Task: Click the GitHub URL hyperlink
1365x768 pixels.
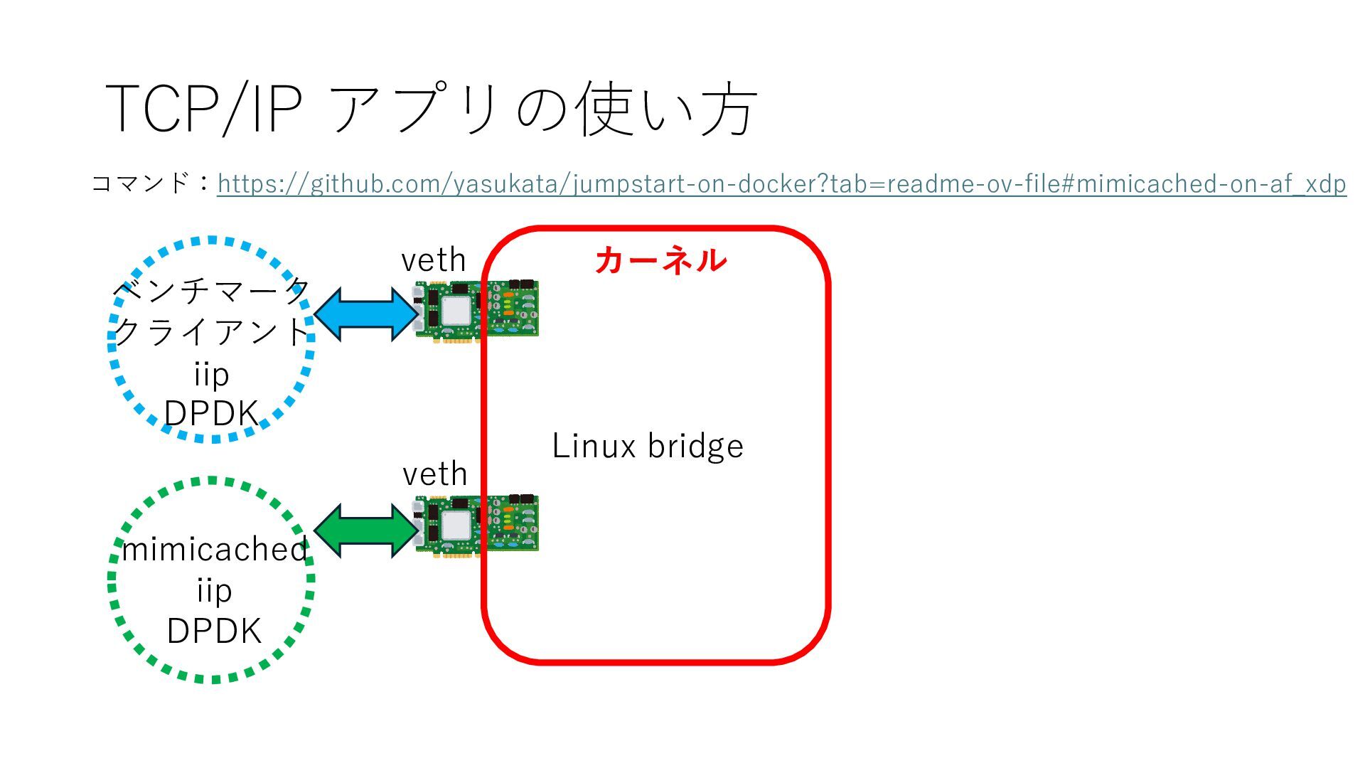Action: point(781,183)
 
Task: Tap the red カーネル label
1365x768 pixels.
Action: point(660,260)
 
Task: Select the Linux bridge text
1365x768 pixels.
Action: point(648,446)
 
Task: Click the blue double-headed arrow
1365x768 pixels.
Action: point(367,314)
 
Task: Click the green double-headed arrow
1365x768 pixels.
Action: point(367,530)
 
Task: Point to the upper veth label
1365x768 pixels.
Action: point(434,260)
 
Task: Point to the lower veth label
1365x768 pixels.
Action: point(435,474)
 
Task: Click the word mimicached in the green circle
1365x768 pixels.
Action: point(214,550)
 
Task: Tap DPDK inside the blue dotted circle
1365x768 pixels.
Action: point(211,413)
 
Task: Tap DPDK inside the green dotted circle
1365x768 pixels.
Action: point(214,631)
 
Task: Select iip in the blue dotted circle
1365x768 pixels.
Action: point(211,375)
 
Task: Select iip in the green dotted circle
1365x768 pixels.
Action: point(214,591)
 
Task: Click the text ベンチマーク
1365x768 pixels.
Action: point(211,290)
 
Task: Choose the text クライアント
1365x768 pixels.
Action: point(211,332)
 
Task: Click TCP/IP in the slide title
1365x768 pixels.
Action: point(204,108)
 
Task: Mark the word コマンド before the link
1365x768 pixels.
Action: point(140,183)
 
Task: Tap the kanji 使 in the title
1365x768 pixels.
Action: point(604,108)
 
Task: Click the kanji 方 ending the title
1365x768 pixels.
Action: point(729,108)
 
